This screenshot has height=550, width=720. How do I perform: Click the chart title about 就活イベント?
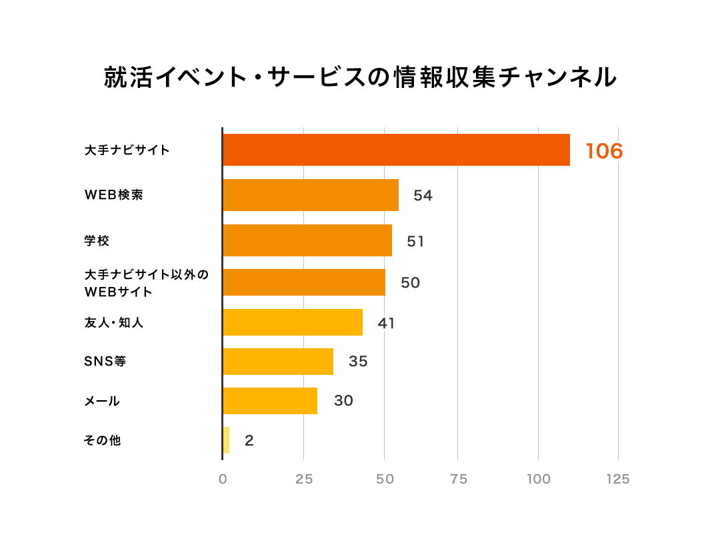(x=360, y=78)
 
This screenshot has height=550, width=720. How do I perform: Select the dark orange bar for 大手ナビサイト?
(x=396, y=150)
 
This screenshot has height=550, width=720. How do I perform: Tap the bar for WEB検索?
(x=311, y=195)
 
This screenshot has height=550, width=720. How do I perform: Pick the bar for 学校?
(x=307, y=240)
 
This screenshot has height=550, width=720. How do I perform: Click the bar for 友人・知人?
(x=293, y=322)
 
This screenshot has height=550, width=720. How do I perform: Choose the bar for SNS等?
(x=278, y=362)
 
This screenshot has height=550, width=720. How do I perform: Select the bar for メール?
(x=270, y=401)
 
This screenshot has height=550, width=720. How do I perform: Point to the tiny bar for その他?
(x=226, y=440)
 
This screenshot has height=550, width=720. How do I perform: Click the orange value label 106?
(x=604, y=151)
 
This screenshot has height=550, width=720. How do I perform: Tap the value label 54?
(x=423, y=196)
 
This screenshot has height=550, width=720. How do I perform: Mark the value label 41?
(x=386, y=324)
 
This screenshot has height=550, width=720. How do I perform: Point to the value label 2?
(x=249, y=441)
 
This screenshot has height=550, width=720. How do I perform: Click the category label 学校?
(x=97, y=241)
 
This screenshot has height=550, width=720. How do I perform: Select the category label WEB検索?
(x=113, y=195)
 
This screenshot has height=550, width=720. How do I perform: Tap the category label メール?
(x=102, y=401)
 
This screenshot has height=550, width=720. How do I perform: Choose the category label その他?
(x=102, y=440)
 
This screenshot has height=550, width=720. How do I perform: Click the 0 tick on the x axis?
(x=223, y=479)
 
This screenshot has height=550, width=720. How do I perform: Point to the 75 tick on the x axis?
(x=458, y=479)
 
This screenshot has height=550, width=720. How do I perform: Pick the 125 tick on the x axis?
(x=618, y=479)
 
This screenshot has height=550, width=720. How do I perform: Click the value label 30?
(x=343, y=401)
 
